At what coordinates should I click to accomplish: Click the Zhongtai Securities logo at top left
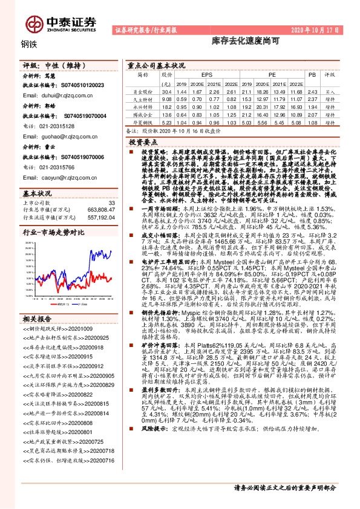tap(60, 23)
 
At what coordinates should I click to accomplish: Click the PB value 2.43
tap(313, 91)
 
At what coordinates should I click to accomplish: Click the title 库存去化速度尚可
tap(237, 43)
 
